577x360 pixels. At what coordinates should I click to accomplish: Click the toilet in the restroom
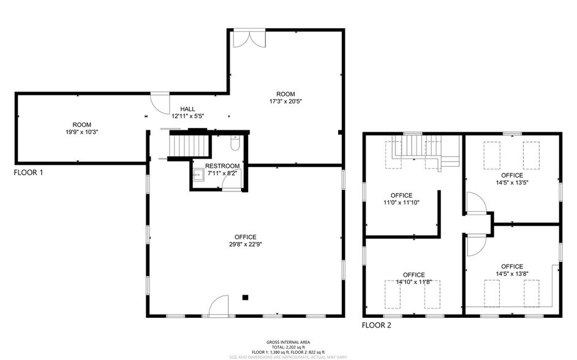click(235, 144)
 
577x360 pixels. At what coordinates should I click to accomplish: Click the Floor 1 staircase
click(183, 146)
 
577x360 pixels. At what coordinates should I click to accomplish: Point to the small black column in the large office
click(245, 298)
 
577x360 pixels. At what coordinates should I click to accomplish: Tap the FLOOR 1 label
click(28, 173)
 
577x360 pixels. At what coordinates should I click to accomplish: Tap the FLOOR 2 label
click(376, 325)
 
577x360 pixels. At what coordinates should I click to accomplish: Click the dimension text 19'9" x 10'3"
click(81, 132)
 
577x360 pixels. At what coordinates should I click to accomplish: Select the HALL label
click(187, 109)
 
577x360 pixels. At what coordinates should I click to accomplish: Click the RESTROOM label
click(222, 166)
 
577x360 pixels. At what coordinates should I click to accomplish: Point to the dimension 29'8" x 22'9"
click(245, 245)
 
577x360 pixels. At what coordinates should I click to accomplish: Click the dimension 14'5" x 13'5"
click(512, 182)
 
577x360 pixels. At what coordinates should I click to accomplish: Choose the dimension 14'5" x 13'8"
click(512, 274)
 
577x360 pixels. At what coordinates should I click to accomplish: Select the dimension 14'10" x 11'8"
click(413, 282)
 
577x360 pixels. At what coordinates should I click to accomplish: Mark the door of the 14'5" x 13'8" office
click(475, 245)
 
